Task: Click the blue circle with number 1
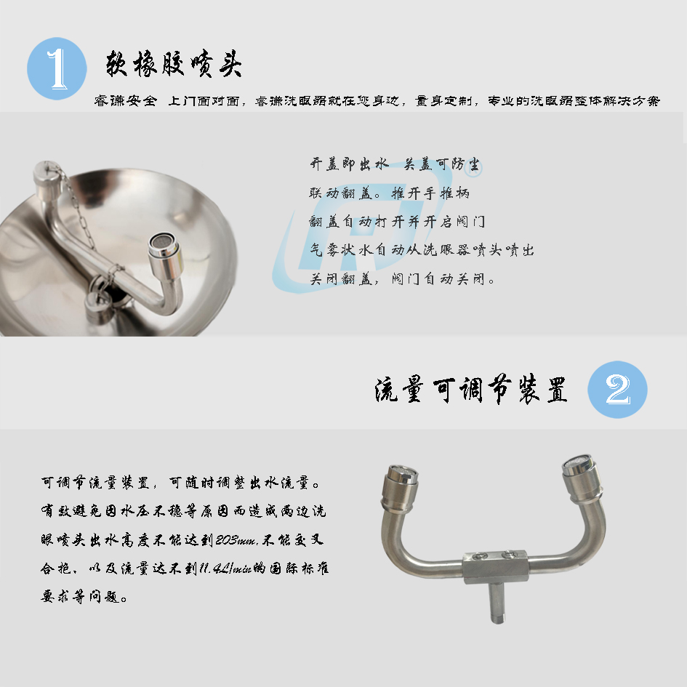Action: pos(57,68)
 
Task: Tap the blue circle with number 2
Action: pos(617,389)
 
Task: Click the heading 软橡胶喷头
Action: pos(174,65)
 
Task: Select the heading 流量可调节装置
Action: pos(471,389)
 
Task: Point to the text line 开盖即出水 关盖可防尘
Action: pos(395,165)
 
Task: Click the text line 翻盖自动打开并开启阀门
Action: pos(397,221)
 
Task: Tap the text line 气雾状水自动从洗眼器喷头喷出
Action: pos(422,250)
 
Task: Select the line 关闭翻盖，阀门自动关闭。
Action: pos(402,278)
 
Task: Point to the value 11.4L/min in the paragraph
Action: pos(225,569)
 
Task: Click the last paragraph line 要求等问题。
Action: pos(84,597)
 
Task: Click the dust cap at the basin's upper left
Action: pos(47,174)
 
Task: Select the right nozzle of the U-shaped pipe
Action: pos(582,478)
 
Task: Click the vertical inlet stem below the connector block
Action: pos(497,602)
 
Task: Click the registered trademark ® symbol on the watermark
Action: pos(475,169)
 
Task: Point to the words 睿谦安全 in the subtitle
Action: pos(125,101)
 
